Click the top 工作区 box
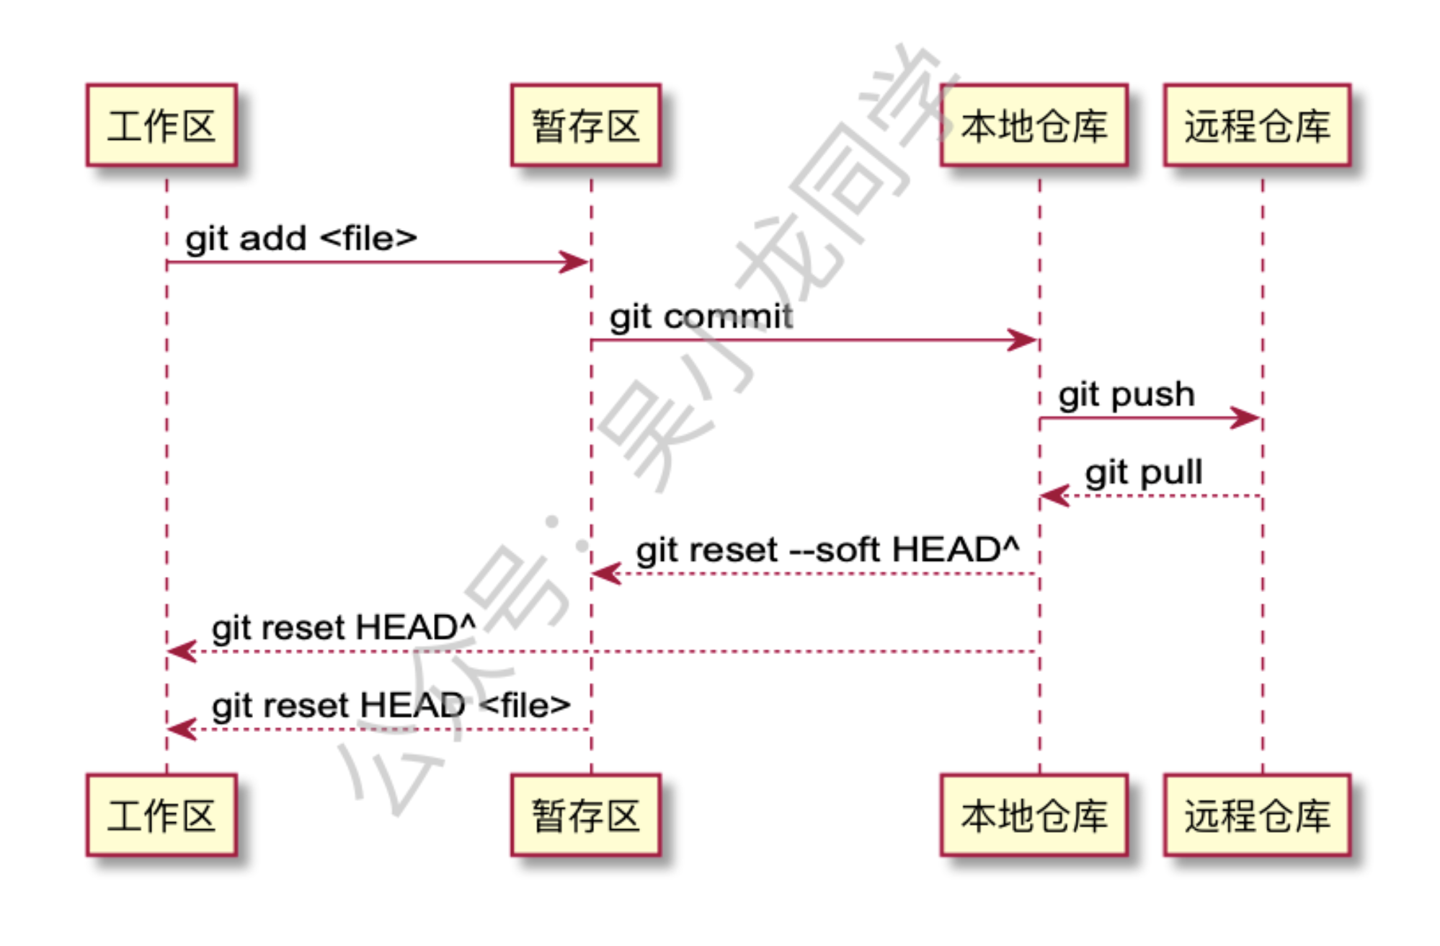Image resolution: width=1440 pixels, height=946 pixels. click(x=161, y=125)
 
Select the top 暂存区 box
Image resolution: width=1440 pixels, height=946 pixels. click(x=585, y=125)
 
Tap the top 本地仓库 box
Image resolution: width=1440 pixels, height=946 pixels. click(x=1034, y=125)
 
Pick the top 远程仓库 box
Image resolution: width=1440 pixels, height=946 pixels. click(x=1257, y=125)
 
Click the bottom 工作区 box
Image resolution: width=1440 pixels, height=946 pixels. click(x=161, y=815)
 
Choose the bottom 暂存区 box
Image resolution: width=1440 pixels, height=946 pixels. click(x=585, y=815)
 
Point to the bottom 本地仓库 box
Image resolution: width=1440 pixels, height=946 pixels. click(x=1034, y=815)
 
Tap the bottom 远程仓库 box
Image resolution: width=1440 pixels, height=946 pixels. click(x=1257, y=815)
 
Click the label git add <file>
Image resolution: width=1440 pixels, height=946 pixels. click(x=301, y=239)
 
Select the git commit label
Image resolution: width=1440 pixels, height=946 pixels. click(x=701, y=317)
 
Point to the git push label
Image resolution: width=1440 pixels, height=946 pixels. click(x=1126, y=395)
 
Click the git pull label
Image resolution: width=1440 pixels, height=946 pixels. click(x=1143, y=473)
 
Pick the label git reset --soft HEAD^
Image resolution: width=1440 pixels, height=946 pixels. click(x=827, y=550)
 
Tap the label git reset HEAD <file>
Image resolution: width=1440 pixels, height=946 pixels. click(x=391, y=706)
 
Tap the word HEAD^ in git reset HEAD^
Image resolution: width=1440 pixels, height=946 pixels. click(x=415, y=627)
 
